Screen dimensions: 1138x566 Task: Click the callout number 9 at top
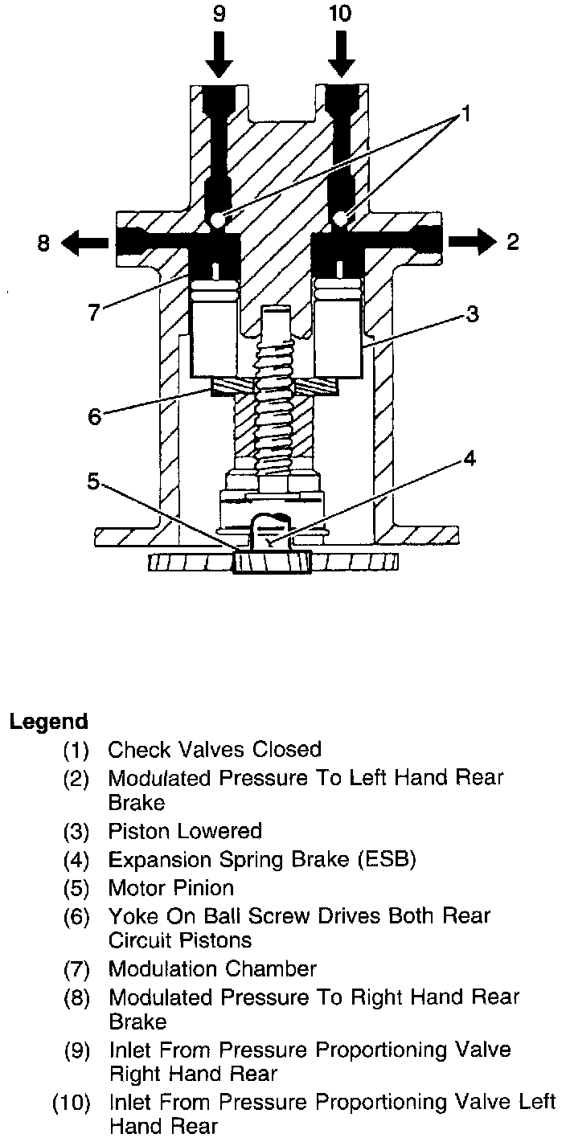click(x=218, y=15)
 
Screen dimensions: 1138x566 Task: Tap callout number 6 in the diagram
click(x=95, y=416)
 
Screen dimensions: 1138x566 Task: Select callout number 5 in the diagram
click(x=94, y=481)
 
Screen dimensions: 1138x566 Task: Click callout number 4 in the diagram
click(x=469, y=459)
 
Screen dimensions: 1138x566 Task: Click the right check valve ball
click(x=342, y=219)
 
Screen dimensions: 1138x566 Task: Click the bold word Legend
click(x=48, y=721)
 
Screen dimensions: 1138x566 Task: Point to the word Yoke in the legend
click(x=129, y=915)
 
